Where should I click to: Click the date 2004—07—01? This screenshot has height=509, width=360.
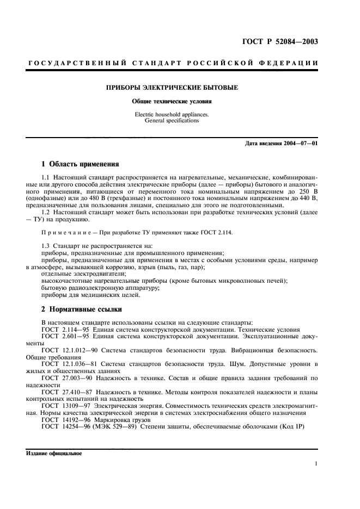pyautogui.click(x=298, y=143)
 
